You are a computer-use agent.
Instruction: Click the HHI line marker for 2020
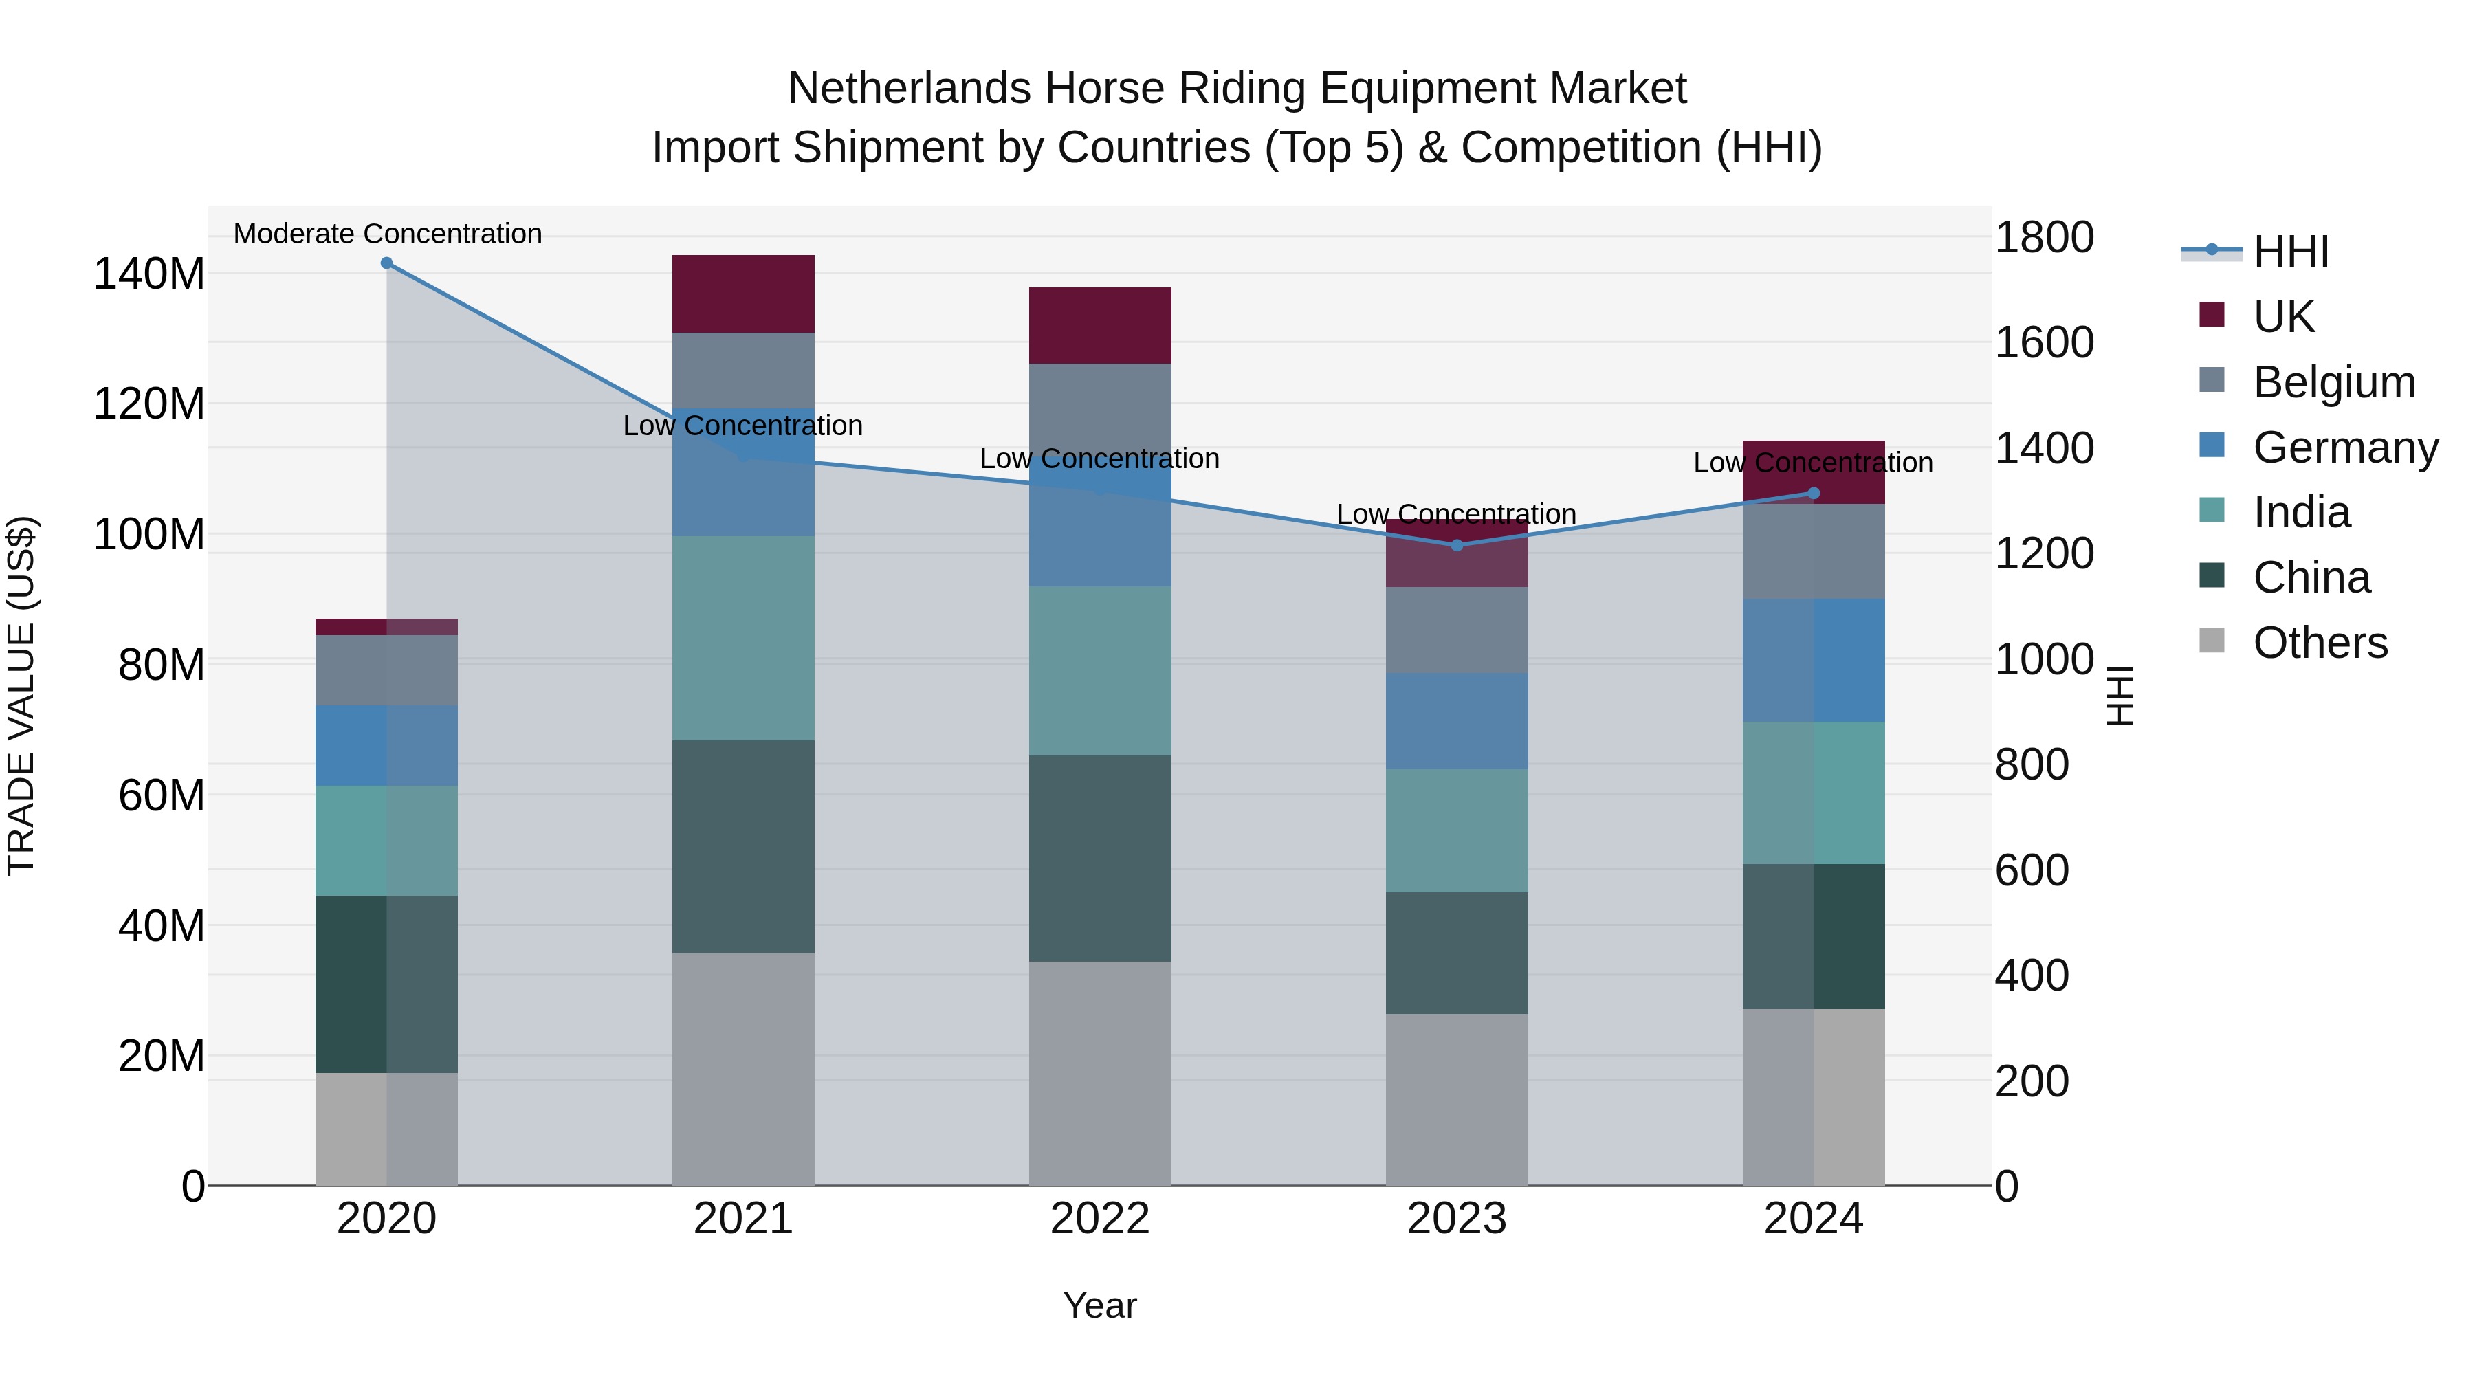point(386,263)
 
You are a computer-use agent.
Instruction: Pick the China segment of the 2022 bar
point(1100,858)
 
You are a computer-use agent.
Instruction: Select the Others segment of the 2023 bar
point(1457,1099)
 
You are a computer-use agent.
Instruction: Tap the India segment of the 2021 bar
point(742,638)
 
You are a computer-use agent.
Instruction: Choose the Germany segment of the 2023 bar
point(1457,720)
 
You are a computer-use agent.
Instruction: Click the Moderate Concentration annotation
point(387,234)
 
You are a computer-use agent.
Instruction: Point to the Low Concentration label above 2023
point(1457,515)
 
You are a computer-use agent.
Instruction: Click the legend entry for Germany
point(2344,448)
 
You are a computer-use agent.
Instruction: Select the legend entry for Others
point(2320,643)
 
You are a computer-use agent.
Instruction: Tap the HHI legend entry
point(2291,252)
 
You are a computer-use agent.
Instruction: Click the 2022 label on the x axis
point(1100,1219)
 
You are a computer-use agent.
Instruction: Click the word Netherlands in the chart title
point(909,89)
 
